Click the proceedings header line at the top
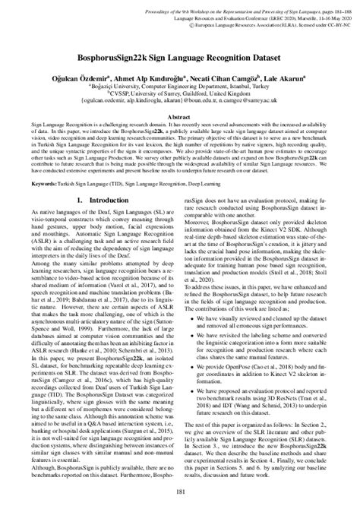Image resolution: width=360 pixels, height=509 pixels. point(228,5)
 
